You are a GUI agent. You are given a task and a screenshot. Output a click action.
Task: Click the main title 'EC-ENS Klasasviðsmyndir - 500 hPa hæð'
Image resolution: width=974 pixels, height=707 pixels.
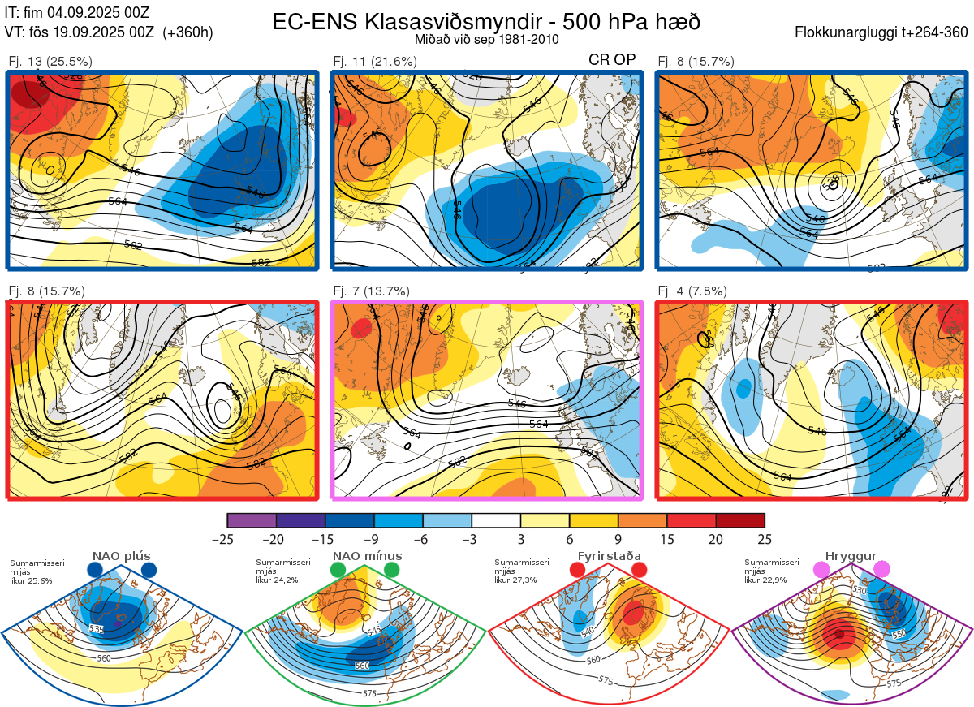485,21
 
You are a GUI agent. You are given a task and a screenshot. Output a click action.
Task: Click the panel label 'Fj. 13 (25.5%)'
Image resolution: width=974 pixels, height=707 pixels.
50,61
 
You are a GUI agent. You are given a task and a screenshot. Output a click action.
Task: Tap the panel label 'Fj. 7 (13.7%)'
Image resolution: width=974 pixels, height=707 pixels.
371,291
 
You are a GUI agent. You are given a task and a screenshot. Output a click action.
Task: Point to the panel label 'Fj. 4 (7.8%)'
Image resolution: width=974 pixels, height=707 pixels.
692,291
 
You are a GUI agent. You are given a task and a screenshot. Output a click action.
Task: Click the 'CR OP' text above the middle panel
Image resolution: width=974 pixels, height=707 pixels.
612,60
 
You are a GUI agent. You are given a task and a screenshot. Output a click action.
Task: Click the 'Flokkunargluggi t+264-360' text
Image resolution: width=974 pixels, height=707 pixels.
884,33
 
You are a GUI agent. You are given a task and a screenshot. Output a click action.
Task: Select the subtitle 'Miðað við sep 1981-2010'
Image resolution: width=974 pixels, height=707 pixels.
485,39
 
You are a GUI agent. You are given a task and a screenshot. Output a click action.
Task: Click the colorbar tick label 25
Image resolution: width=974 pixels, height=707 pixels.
765,539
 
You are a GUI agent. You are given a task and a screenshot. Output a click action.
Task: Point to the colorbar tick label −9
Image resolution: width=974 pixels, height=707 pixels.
374,539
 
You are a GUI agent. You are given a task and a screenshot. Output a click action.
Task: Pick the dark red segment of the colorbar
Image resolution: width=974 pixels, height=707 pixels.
740,520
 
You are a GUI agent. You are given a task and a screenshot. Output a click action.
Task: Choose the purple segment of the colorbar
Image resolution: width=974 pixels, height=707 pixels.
252,520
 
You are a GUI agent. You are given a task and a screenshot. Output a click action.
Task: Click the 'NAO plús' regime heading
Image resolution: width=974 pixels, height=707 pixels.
122,556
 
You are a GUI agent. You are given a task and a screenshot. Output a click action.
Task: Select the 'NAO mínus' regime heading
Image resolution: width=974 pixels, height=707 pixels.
367,556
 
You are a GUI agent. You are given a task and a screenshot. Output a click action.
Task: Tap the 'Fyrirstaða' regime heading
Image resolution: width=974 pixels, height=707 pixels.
609,556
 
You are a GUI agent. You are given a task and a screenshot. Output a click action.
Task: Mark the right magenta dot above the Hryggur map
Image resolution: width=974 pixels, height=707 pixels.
881,570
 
